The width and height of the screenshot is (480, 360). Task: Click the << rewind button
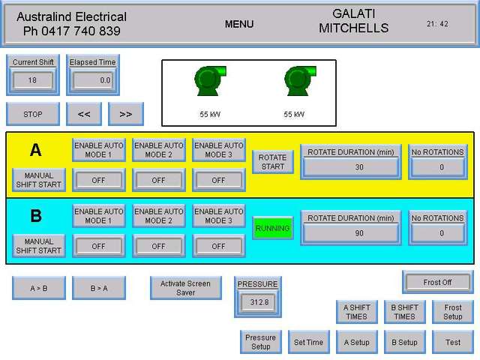84,114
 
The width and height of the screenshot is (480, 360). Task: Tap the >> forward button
126,114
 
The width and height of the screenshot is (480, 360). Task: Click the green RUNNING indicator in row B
272,229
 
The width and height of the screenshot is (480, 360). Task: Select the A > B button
39,288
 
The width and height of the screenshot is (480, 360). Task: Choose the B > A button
99,288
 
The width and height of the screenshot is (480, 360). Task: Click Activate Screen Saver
186,288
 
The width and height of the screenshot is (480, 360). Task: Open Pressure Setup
260,342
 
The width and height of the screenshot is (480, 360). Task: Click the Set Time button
308,342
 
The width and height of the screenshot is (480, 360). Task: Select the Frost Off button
437,283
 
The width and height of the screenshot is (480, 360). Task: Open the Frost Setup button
453,312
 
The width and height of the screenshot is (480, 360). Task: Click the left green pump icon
210,81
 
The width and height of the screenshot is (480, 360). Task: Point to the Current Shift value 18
32,79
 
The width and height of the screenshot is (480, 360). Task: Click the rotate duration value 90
359,233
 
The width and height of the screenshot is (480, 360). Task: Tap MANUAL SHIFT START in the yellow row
39,180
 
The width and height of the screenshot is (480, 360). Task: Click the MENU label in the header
239,24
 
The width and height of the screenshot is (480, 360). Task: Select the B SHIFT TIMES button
404,312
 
